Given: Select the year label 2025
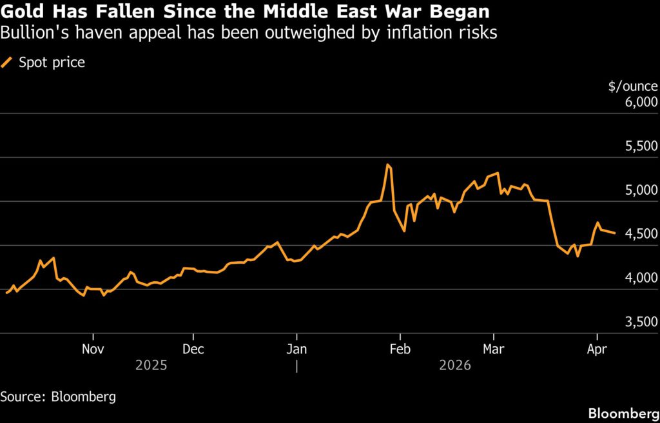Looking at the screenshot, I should point(151,366).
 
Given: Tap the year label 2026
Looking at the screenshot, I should point(455,366).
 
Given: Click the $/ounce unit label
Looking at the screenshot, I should point(633,86).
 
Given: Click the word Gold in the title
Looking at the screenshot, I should point(22,12).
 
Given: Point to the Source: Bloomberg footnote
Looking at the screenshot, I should point(58,397).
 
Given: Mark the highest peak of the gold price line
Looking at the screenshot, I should point(387,165).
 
